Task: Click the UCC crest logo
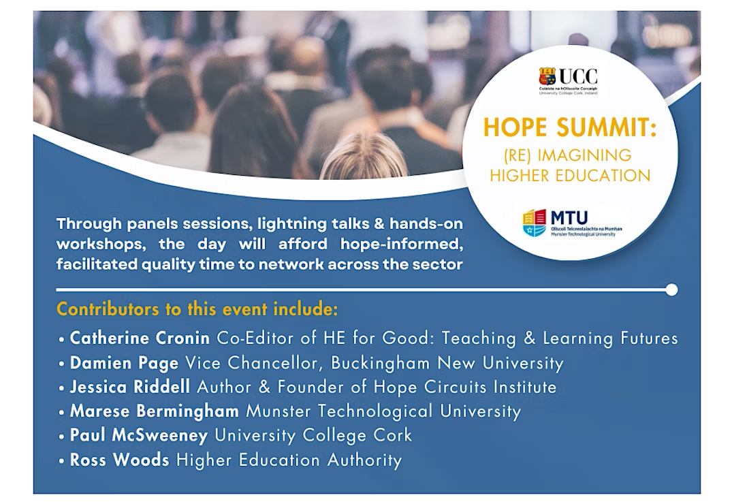[547, 76]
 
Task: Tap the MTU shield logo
[535, 223]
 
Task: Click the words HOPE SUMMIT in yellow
[569, 128]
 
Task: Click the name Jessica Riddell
[131, 387]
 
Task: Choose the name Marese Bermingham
[155, 411]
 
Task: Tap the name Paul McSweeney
[139, 435]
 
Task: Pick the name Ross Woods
[120, 459]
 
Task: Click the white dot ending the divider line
[671, 289]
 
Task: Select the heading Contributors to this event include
[197, 309]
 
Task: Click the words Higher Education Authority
[289, 460]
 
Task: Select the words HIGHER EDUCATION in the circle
[569, 175]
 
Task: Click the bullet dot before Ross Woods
[61, 460]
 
